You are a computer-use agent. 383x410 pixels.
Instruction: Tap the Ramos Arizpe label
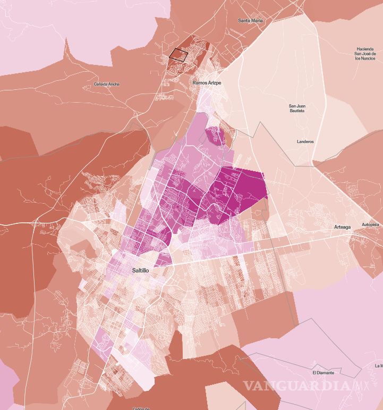(x=207, y=83)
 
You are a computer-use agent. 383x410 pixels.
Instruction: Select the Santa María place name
(x=251, y=21)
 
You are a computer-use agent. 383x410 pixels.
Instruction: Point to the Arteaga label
(x=343, y=227)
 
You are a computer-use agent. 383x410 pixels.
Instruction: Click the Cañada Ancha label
(x=107, y=84)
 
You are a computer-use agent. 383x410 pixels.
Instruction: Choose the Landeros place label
(x=305, y=141)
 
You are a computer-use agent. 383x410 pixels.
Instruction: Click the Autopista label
(x=371, y=225)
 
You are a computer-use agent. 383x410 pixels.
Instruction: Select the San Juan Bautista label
(x=297, y=108)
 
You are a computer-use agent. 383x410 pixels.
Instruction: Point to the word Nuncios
(x=371, y=59)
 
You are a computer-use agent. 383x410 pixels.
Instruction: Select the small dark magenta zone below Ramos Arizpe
(x=215, y=136)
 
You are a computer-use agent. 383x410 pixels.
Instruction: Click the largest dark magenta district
(x=239, y=191)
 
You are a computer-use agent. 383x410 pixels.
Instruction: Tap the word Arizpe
(x=214, y=83)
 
